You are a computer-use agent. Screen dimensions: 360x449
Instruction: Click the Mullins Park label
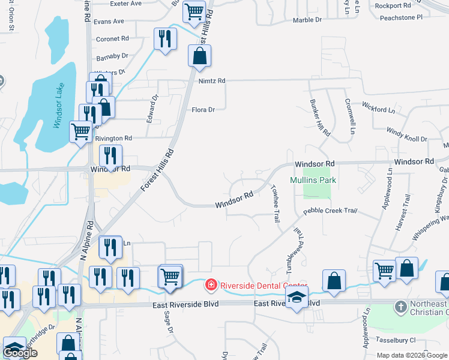pos(313,180)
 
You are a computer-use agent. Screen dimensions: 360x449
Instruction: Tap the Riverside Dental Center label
pos(263,286)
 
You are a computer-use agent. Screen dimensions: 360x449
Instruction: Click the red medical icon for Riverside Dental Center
pos(211,284)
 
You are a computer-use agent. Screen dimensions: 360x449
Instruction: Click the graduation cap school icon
pos(297,298)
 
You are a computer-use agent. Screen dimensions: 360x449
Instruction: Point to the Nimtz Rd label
pos(213,80)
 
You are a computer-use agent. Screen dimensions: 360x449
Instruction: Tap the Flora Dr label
pos(203,110)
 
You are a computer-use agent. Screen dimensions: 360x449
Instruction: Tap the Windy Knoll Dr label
pos(406,134)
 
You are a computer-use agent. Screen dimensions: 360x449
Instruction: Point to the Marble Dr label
pos(307,20)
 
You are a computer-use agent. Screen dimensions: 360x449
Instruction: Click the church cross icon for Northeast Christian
pos(401,307)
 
